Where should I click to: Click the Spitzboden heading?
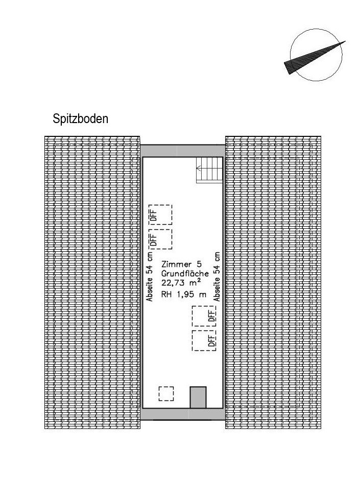[80, 118]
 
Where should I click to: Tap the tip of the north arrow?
[345, 41]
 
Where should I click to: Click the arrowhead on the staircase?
[199, 168]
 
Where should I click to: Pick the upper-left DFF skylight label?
[154, 216]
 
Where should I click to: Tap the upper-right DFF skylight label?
[212, 316]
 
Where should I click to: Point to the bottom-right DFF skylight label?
[212, 341]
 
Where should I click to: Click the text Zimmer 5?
[181, 264]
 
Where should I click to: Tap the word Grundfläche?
[185, 273]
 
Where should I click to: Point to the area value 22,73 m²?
[181, 282]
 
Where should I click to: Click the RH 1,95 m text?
[184, 295]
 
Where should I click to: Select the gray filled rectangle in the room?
[198, 397]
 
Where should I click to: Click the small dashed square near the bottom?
[166, 394]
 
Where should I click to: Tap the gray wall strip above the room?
[183, 151]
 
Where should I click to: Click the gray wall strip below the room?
[183, 414]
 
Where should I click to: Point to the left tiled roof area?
[92, 282]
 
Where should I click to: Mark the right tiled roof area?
[273, 282]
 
